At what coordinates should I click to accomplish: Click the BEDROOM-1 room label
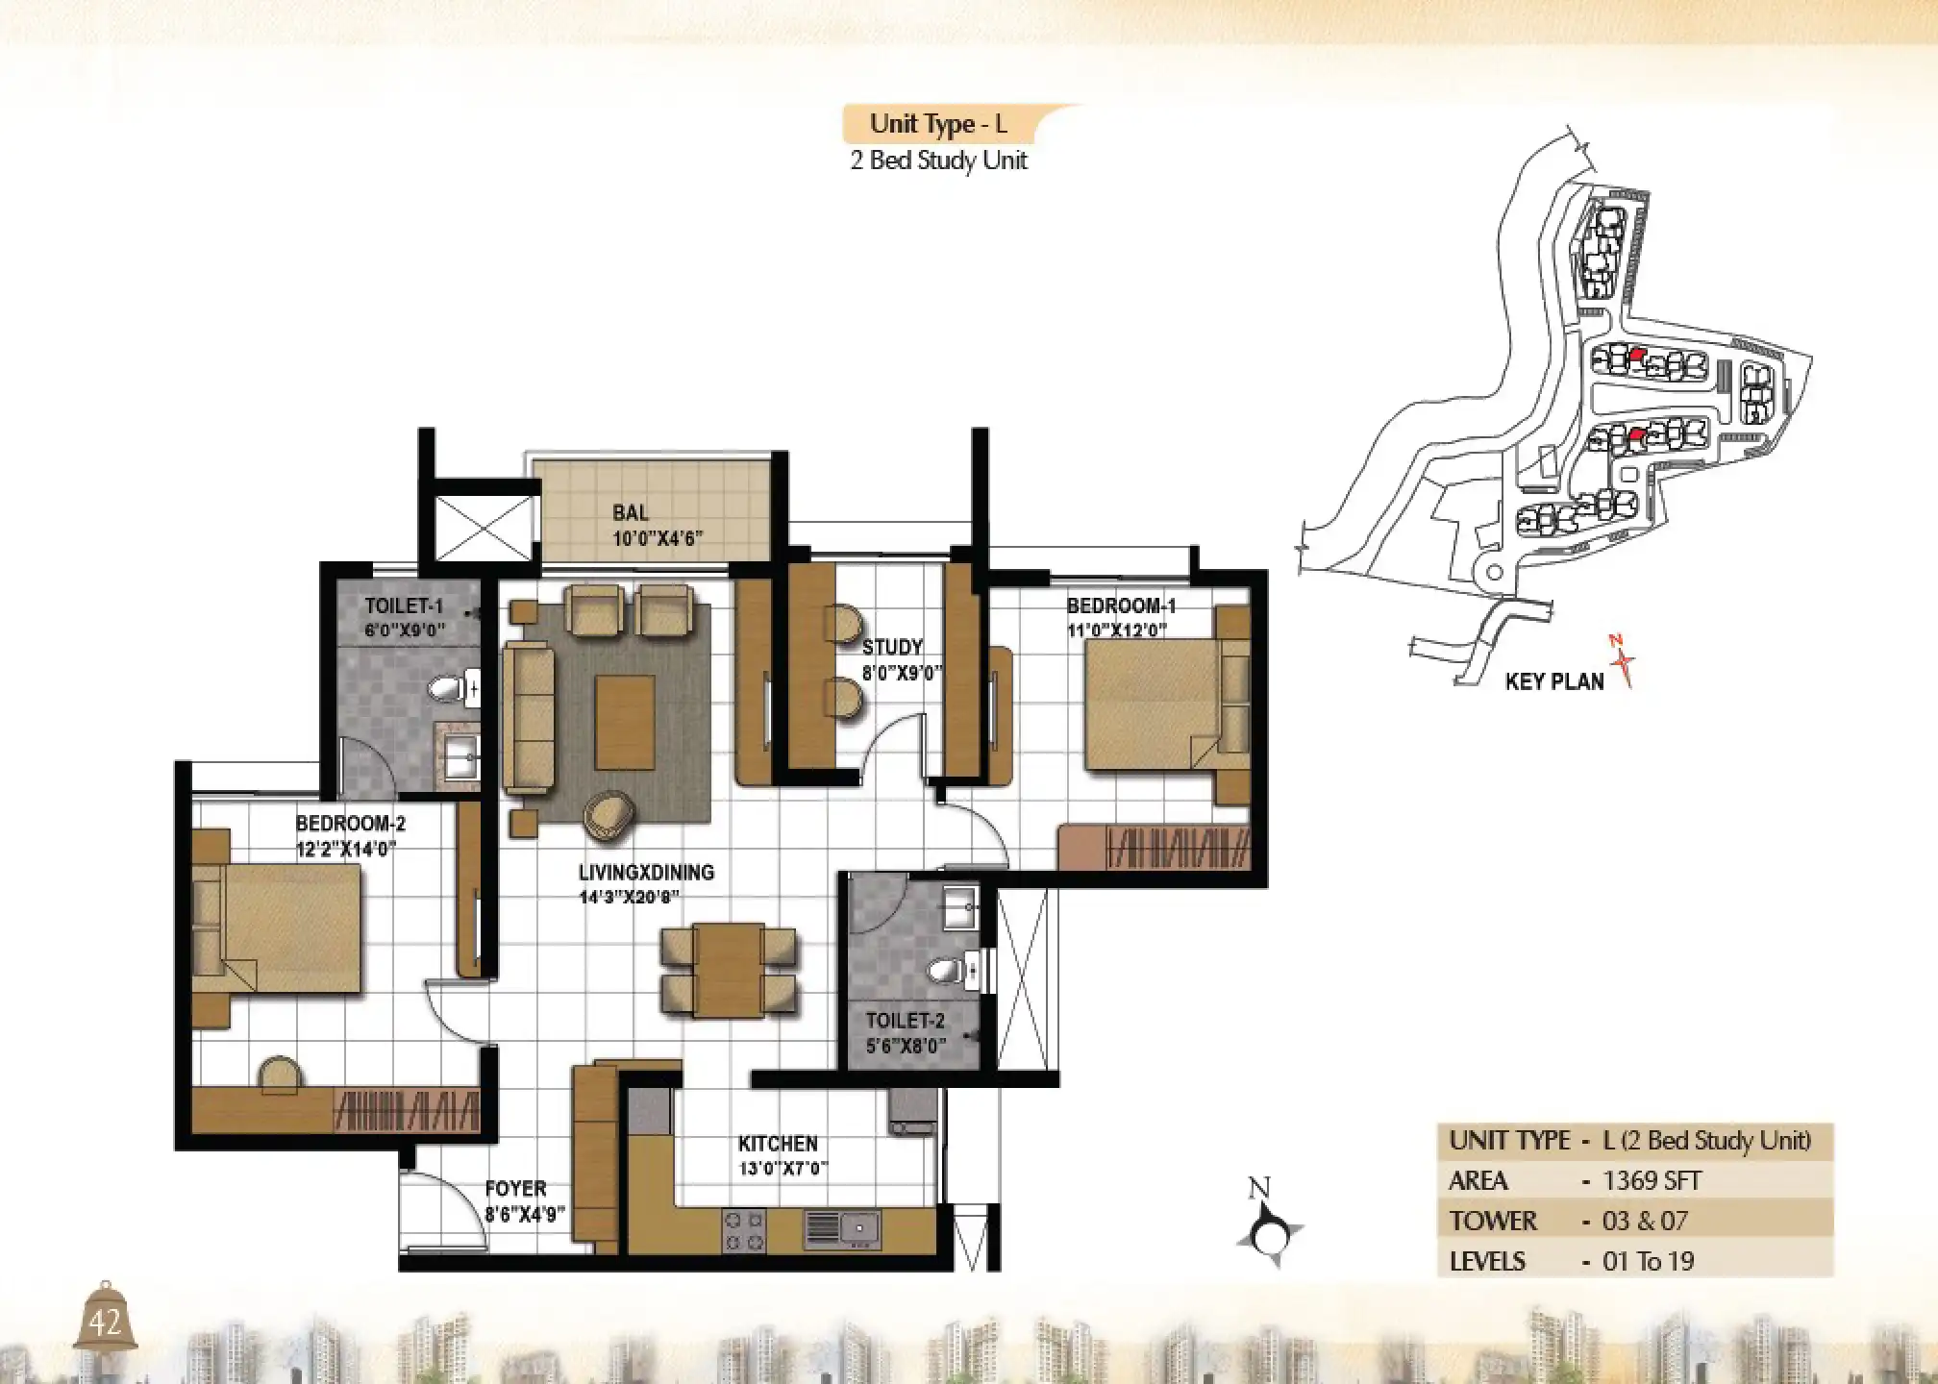(x=1121, y=605)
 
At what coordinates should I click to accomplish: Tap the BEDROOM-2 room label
(x=350, y=824)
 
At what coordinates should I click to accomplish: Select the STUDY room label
(x=892, y=647)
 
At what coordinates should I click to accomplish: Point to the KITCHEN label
(x=778, y=1144)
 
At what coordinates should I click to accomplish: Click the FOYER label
(x=515, y=1189)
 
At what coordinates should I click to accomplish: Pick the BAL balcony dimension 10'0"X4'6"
(x=658, y=538)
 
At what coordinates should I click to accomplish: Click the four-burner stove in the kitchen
(x=743, y=1231)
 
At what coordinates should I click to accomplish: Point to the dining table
(x=729, y=970)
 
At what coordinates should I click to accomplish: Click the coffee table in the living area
(x=625, y=722)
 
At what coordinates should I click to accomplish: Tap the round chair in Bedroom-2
(x=280, y=1075)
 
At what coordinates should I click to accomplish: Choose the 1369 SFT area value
(x=1652, y=1180)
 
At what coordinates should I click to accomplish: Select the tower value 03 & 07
(x=1645, y=1221)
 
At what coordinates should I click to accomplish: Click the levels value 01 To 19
(x=1648, y=1261)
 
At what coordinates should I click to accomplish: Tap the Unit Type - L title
(x=938, y=124)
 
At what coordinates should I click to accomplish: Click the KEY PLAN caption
(x=1554, y=681)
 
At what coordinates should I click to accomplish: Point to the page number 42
(x=105, y=1323)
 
